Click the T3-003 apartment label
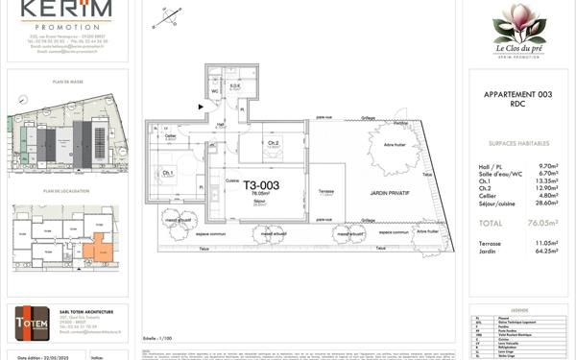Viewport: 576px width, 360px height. point(260,185)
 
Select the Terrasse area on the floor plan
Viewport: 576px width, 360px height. point(326,191)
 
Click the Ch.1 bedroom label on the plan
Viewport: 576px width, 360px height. point(168,173)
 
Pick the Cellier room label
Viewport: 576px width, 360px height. point(170,136)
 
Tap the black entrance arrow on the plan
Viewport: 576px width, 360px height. point(201,107)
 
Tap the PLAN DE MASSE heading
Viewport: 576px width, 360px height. point(64,83)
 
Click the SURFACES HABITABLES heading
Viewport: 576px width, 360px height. point(517,141)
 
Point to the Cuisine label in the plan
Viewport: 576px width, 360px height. point(231,180)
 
